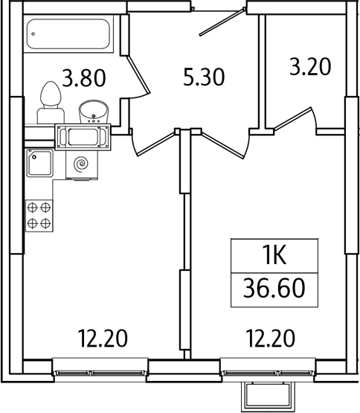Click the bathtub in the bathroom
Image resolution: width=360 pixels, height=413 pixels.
click(x=68, y=33)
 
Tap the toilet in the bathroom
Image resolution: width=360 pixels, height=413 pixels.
click(x=51, y=102)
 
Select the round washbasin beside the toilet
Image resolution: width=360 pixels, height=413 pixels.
click(x=94, y=112)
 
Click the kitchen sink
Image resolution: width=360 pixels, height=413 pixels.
click(x=39, y=163)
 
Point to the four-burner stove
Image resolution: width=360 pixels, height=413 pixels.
click(x=39, y=216)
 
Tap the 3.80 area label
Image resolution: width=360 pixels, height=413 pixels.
click(x=84, y=77)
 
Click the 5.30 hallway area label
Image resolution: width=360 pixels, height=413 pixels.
click(x=204, y=77)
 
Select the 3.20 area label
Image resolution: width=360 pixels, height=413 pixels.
click(x=310, y=67)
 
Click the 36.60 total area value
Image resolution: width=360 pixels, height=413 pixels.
click(x=274, y=289)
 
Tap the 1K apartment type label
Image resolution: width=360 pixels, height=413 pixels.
click(x=274, y=255)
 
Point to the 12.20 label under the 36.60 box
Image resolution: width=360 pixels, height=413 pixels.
click(x=271, y=338)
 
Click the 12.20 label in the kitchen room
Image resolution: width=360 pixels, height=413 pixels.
click(x=103, y=338)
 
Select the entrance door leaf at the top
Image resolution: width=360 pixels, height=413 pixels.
click(x=222, y=22)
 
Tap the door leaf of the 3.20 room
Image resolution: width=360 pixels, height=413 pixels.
click(x=293, y=118)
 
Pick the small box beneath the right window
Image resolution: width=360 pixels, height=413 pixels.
click(x=266, y=397)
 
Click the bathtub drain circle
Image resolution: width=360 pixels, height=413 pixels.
click(x=33, y=34)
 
